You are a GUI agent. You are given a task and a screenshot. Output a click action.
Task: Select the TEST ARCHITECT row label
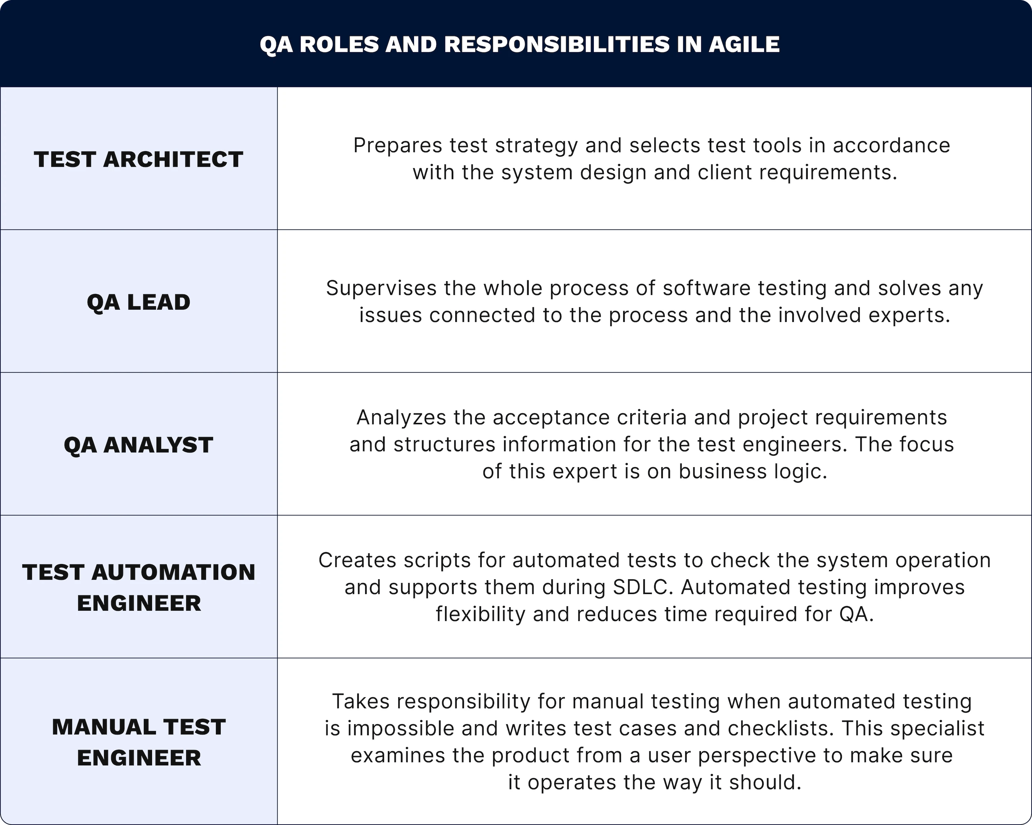point(139,159)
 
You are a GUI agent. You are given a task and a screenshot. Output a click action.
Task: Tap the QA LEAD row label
point(139,302)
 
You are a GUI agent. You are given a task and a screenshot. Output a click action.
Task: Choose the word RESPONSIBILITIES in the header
point(558,44)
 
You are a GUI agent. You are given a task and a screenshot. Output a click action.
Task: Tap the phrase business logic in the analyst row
point(753,472)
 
